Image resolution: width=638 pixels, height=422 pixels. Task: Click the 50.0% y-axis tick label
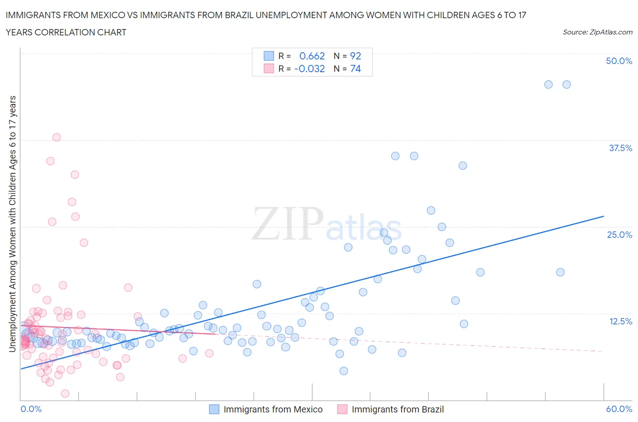coord(619,61)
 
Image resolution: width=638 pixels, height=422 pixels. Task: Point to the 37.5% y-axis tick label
coord(620,148)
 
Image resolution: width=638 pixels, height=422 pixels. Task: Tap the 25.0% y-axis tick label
coord(619,235)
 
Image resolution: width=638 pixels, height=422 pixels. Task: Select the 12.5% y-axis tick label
coord(620,321)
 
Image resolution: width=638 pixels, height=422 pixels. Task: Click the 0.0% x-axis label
coord(31,409)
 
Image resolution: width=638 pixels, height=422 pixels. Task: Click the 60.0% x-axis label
coord(619,409)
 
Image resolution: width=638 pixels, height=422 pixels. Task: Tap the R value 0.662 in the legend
coord(312,56)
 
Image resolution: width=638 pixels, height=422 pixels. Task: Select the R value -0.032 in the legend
coord(309,69)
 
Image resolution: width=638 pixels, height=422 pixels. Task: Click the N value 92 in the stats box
coord(355,56)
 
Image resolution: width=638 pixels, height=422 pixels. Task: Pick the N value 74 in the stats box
coord(355,69)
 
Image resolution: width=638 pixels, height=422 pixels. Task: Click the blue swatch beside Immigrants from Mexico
coord(214,409)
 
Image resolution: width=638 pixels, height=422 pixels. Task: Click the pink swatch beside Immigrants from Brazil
coord(342,409)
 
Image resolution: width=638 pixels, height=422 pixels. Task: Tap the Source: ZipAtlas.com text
coord(597,32)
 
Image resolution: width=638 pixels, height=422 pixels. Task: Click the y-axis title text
coord(12,224)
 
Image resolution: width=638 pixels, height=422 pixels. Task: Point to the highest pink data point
coord(57,137)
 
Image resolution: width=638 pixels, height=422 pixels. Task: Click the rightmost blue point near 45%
coord(566,84)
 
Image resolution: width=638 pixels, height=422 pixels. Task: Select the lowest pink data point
coord(65,393)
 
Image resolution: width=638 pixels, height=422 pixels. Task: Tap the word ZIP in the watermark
coord(287,223)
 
